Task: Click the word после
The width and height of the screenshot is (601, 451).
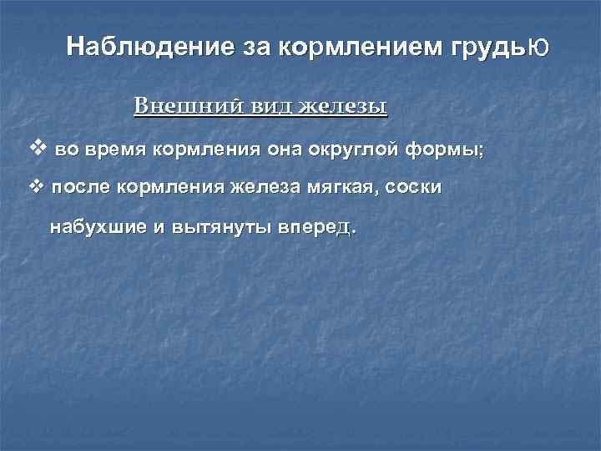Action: click(80, 188)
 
